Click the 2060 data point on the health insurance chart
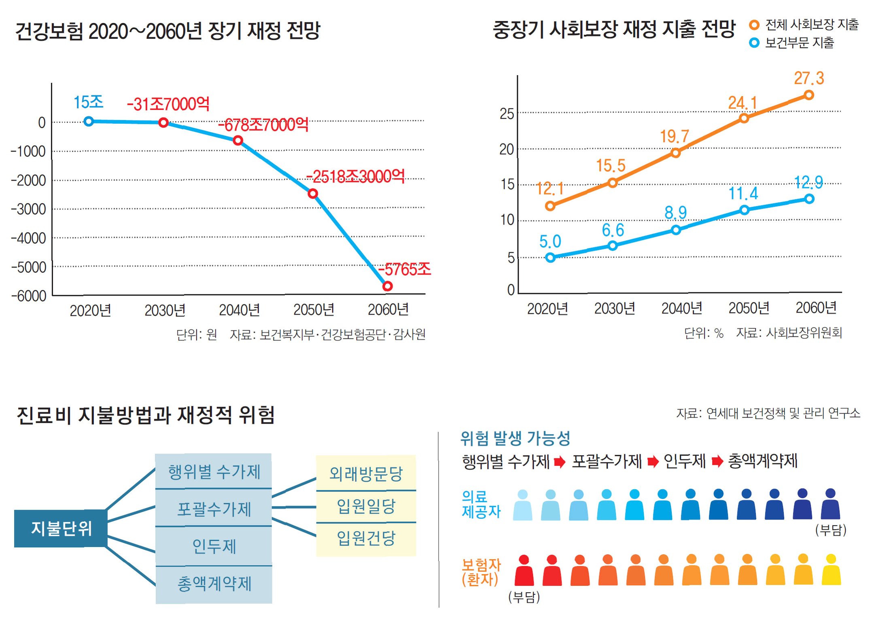[387, 286]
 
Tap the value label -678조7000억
[263, 125]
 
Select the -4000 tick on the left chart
[28, 238]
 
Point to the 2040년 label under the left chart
[239, 310]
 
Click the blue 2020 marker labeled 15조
[89, 121]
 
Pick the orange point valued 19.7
[675, 153]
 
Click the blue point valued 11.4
[744, 210]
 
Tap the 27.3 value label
[809, 78]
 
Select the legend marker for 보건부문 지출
[754, 43]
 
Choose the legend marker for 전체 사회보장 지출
[754, 25]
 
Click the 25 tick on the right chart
[507, 114]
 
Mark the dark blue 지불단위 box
[61, 528]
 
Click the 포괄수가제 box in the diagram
[214, 509]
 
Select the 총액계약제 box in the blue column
[214, 584]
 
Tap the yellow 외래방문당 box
[366, 473]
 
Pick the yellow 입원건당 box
[366, 538]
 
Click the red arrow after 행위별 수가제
[560, 462]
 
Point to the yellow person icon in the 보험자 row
[831, 570]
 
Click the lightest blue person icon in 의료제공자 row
[522, 505]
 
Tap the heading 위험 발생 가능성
[515, 438]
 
